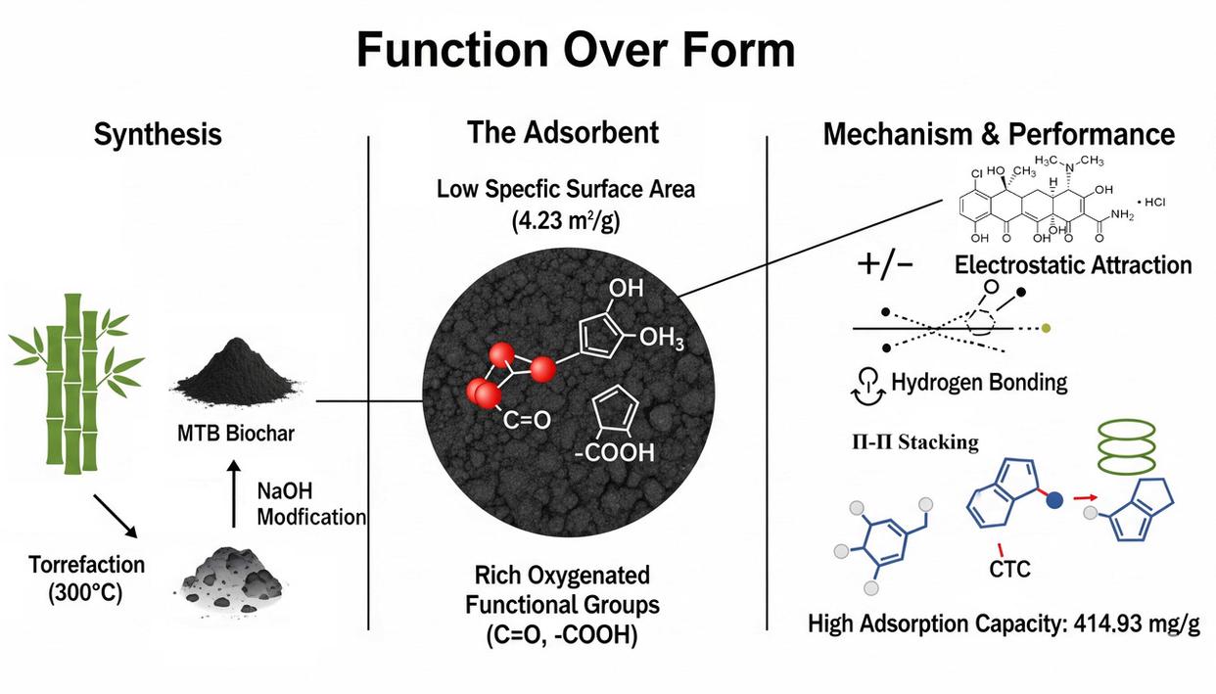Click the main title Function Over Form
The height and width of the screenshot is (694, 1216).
576,49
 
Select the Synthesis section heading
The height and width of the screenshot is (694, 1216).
158,134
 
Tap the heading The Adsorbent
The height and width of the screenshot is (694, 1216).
562,132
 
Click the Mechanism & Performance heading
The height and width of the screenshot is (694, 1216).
999,134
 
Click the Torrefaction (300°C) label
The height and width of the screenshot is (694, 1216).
87,578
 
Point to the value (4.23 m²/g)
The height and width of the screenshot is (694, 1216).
566,222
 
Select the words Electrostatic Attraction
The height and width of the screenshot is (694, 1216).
1073,265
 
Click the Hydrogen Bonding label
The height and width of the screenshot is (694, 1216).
979,382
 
